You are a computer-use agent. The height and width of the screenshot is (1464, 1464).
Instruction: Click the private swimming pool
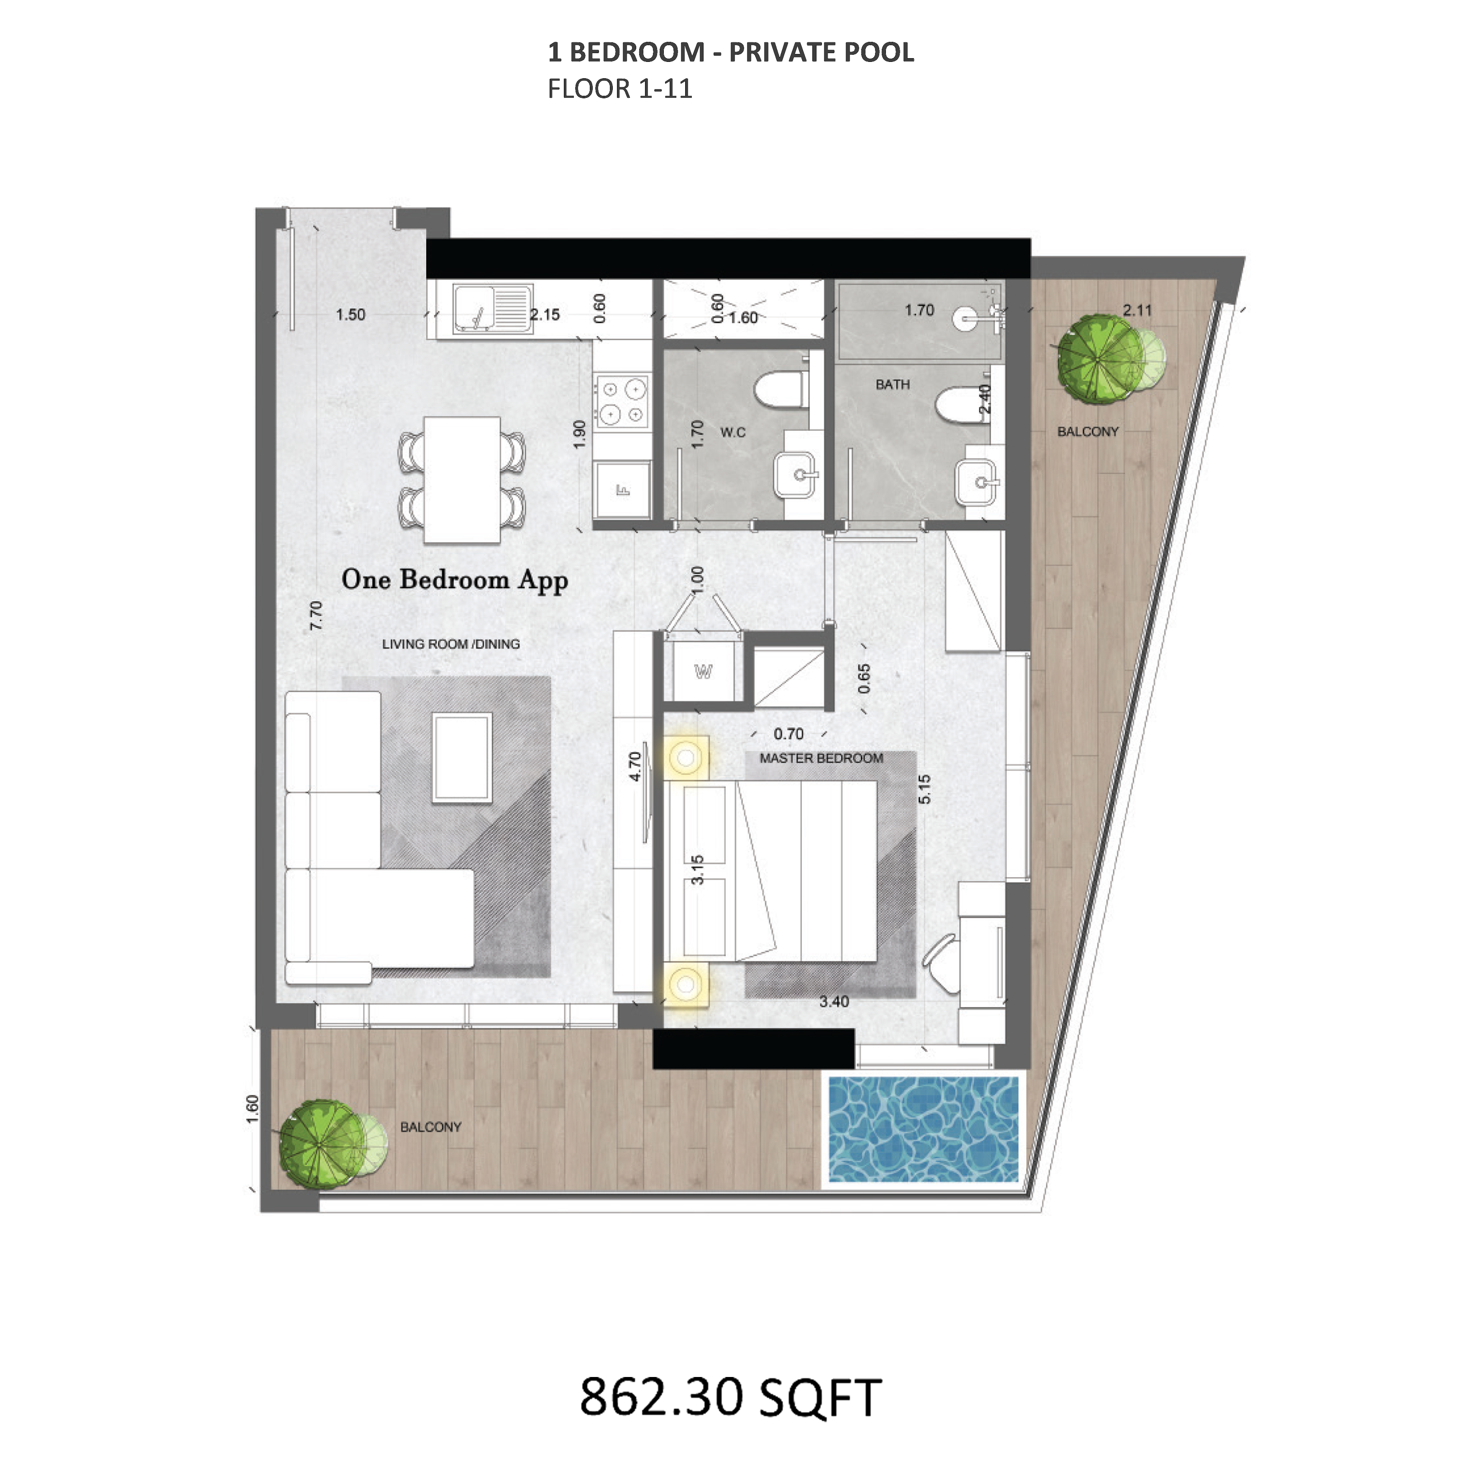pyautogui.click(x=923, y=1129)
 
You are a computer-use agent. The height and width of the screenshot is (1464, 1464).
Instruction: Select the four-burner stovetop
pyautogui.click(x=622, y=402)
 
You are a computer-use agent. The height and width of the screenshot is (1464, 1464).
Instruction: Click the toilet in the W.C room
pyautogui.click(x=781, y=389)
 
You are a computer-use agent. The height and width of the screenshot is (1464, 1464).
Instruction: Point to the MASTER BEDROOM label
pyautogui.click(x=822, y=758)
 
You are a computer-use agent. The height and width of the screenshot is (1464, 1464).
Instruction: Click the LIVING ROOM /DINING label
pyautogui.click(x=451, y=644)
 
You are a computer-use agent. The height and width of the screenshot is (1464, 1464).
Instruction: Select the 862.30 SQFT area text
pyautogui.click(x=730, y=1397)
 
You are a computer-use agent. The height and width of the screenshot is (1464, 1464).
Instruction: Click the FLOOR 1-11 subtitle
pyautogui.click(x=620, y=89)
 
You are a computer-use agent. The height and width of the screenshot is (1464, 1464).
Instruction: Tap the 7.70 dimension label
pyautogui.click(x=316, y=615)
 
